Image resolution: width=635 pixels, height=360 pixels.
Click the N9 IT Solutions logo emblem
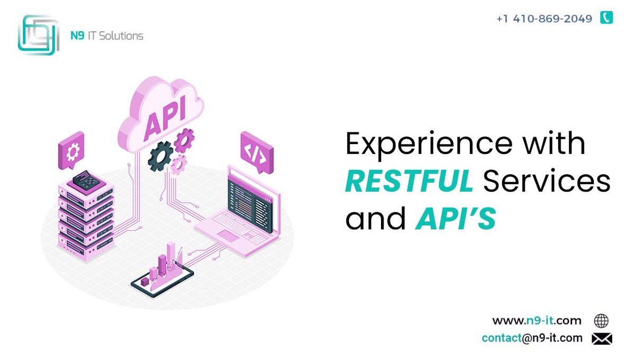(x=38, y=34)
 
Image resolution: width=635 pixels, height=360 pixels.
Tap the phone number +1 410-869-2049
(x=544, y=19)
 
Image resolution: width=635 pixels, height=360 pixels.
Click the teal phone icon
(x=606, y=18)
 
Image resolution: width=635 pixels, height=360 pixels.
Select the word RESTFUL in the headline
(x=409, y=182)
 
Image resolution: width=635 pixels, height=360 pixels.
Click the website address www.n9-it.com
(x=537, y=320)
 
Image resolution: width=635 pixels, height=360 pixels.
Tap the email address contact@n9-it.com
(x=532, y=338)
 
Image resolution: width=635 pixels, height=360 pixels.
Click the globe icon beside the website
(x=601, y=321)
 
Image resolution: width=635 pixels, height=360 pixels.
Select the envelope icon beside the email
(x=602, y=338)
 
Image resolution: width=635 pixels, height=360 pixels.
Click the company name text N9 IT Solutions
(x=106, y=36)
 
